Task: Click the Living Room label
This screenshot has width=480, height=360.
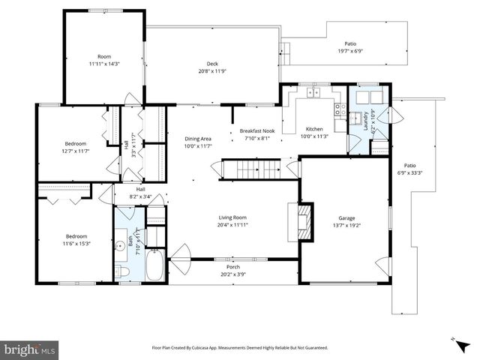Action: (x=232, y=217)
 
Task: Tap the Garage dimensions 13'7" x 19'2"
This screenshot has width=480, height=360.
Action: (x=346, y=225)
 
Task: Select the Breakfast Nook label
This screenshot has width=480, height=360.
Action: (x=256, y=130)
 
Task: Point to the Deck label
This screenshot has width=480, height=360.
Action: (x=212, y=64)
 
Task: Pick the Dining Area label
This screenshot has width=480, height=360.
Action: (x=199, y=138)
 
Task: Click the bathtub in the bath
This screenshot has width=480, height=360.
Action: (x=154, y=266)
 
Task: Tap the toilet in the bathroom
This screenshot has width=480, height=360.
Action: (x=125, y=271)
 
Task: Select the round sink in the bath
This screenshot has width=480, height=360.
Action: (x=121, y=245)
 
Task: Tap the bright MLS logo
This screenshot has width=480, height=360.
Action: (x=31, y=349)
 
